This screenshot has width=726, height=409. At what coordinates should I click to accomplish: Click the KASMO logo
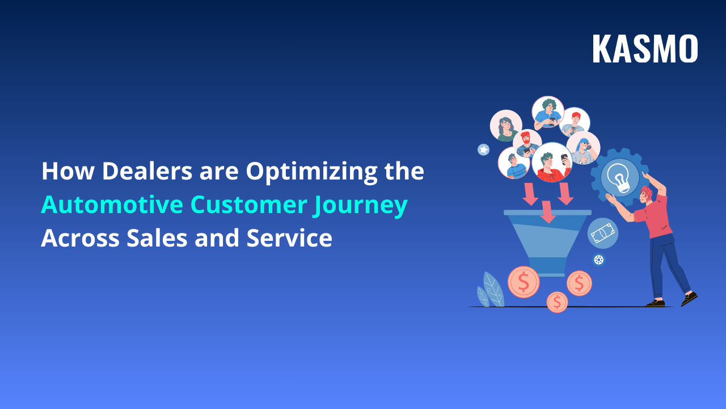[645, 49]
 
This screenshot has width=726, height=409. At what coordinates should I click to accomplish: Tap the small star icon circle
[483, 149]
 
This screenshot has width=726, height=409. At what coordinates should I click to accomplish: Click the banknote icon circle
[602, 233]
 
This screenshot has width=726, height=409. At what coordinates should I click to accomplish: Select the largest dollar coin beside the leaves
[523, 282]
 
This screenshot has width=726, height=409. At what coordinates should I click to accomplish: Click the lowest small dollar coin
[557, 302]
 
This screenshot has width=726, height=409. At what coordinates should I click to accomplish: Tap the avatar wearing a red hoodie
[551, 162]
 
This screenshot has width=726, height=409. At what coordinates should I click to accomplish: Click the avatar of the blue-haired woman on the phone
[583, 148]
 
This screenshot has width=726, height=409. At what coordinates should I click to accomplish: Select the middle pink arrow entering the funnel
[547, 211]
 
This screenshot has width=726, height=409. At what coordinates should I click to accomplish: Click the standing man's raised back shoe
[689, 298]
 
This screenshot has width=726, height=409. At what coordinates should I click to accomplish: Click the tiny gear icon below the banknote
[598, 260]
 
